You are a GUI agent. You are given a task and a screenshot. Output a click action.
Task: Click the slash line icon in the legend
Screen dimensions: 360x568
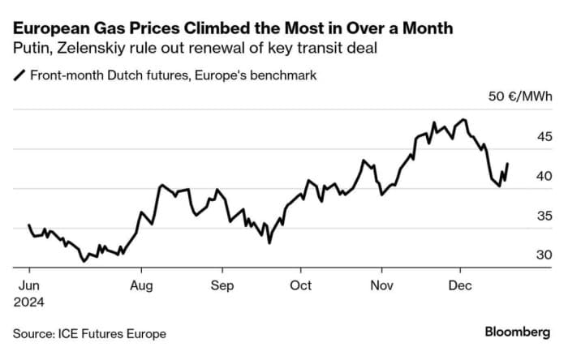(19, 75)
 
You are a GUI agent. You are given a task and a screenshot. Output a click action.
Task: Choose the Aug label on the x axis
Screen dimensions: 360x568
(141, 285)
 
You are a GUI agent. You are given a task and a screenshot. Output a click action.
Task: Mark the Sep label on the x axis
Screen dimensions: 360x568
(222, 285)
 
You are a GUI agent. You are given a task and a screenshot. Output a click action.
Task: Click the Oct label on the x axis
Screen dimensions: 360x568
(300, 285)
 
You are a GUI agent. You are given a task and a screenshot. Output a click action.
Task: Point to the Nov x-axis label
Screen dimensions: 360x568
(381, 285)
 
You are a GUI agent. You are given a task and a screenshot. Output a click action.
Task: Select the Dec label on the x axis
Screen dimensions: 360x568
(460, 285)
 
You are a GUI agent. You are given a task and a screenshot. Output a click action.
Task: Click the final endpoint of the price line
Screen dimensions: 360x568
(508, 164)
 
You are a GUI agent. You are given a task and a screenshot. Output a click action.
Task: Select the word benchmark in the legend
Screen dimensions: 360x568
(282, 75)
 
